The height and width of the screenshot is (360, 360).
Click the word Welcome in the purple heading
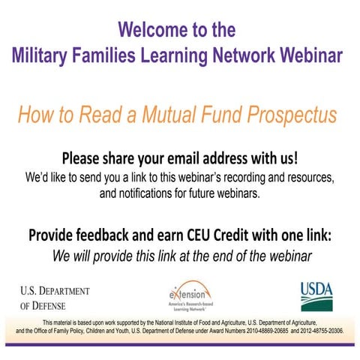[151, 31]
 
